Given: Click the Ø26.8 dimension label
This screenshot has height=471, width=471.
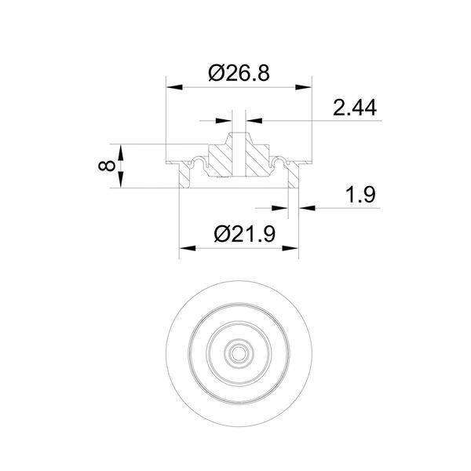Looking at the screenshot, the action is (x=239, y=74).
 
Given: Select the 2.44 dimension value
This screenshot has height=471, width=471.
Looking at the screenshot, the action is (x=355, y=108).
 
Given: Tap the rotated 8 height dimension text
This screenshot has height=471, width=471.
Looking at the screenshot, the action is (x=107, y=166).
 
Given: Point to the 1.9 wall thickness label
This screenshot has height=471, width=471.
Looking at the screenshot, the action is (x=360, y=195).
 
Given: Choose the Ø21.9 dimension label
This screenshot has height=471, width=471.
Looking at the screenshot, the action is (x=244, y=234).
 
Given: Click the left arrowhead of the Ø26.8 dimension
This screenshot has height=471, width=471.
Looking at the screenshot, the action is (x=174, y=87).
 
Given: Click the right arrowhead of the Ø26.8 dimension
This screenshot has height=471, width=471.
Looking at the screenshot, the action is (x=303, y=87).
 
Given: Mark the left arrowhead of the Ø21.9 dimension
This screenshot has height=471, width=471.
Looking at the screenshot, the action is (x=188, y=248).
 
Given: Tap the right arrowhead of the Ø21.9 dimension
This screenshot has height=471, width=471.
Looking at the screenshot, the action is (x=290, y=248).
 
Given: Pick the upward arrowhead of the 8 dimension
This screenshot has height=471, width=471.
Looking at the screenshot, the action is (x=120, y=152).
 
